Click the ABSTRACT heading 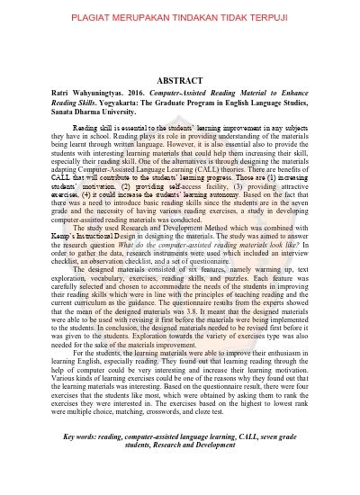click(180, 79)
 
